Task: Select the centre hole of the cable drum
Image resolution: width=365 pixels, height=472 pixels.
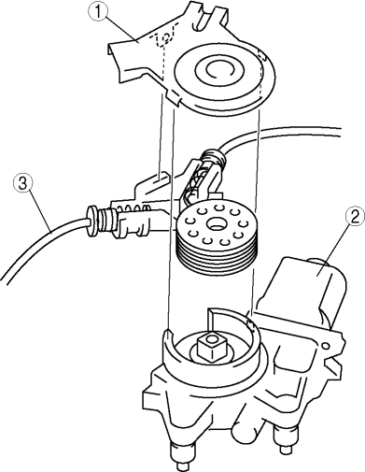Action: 216,223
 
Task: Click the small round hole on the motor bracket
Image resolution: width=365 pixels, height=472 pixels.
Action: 326,345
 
